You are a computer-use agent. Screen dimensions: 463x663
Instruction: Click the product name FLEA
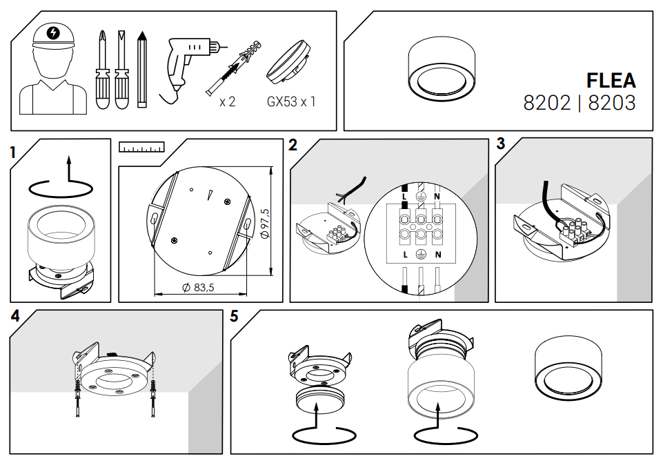coord(611,80)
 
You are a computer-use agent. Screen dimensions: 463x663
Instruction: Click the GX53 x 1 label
coord(291,101)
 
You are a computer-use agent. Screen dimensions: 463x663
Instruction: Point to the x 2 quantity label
coord(227,101)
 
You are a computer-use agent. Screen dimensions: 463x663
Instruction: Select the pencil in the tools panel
coord(142,70)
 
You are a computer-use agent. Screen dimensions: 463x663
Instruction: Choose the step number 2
coord(293,145)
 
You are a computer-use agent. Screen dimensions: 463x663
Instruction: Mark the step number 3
coord(500,145)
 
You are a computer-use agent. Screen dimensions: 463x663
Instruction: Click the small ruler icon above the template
coord(141,147)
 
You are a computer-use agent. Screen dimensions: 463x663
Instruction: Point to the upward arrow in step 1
coord(68,169)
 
